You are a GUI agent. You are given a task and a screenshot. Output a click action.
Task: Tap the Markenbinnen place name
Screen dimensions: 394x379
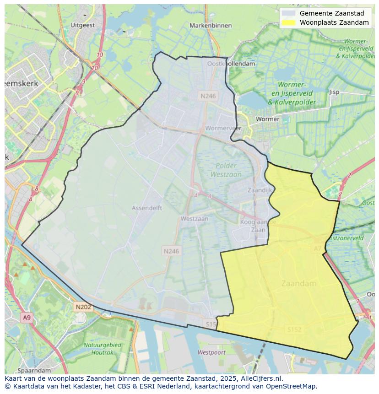[x=211, y=26]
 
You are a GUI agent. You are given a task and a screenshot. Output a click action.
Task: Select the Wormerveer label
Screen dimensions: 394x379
[x=223, y=128]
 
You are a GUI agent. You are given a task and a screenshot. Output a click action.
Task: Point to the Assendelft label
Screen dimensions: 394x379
[x=147, y=208]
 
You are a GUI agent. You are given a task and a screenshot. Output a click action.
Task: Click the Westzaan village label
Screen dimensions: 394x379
[x=194, y=219]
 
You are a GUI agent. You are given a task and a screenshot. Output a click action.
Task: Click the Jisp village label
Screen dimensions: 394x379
[x=334, y=92]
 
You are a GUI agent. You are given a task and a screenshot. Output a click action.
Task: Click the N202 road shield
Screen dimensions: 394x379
[x=83, y=307]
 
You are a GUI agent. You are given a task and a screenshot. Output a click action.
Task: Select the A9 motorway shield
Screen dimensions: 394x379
[x=27, y=318]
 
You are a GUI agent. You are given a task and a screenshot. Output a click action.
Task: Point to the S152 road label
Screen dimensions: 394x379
[x=295, y=329]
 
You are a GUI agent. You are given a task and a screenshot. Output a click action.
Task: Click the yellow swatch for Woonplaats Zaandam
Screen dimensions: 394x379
[x=288, y=22]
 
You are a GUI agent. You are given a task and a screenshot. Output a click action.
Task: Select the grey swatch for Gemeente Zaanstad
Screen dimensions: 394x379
[x=288, y=13]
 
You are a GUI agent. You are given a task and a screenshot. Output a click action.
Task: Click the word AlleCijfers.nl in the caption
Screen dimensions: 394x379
[x=263, y=378]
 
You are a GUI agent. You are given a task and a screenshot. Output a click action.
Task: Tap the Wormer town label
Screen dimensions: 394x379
[x=267, y=119]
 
